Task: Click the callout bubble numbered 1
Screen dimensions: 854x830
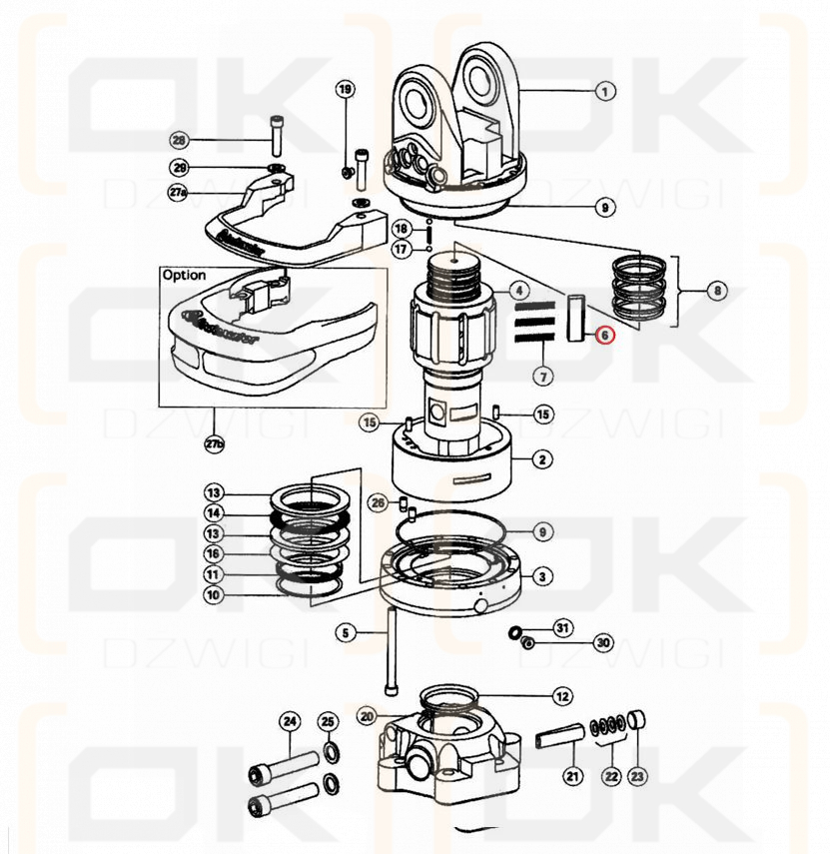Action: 603,91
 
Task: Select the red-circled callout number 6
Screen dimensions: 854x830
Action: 605,337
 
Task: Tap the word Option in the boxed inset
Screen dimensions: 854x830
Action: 184,275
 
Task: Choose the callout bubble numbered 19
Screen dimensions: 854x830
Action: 345,90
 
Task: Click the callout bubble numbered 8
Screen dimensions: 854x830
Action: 716,292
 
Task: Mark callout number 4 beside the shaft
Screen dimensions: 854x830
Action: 520,292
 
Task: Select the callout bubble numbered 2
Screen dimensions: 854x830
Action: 541,459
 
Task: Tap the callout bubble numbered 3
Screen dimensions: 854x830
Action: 541,576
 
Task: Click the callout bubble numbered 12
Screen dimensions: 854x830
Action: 562,695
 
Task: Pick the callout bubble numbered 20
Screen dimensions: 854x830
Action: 367,716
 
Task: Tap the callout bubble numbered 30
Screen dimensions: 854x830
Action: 602,641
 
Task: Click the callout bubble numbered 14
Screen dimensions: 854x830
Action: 213,513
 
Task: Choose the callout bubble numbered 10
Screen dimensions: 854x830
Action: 213,595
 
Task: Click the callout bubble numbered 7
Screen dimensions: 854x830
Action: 543,377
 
